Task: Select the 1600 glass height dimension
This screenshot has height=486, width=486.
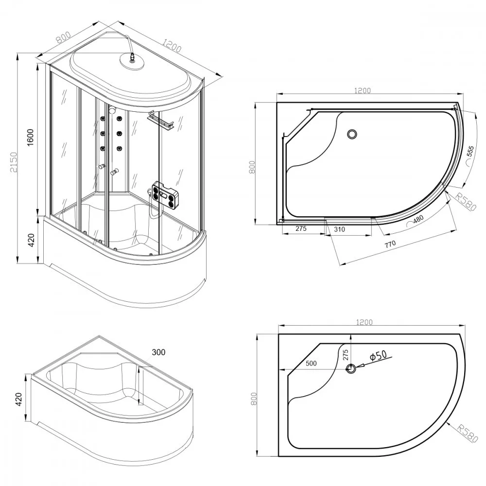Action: click(x=30, y=138)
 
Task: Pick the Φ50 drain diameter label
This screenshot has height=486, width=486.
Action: click(x=379, y=356)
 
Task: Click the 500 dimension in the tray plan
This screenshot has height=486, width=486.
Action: click(x=311, y=364)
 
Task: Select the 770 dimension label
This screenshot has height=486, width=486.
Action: click(x=390, y=244)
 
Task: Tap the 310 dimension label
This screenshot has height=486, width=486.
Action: click(x=339, y=229)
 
